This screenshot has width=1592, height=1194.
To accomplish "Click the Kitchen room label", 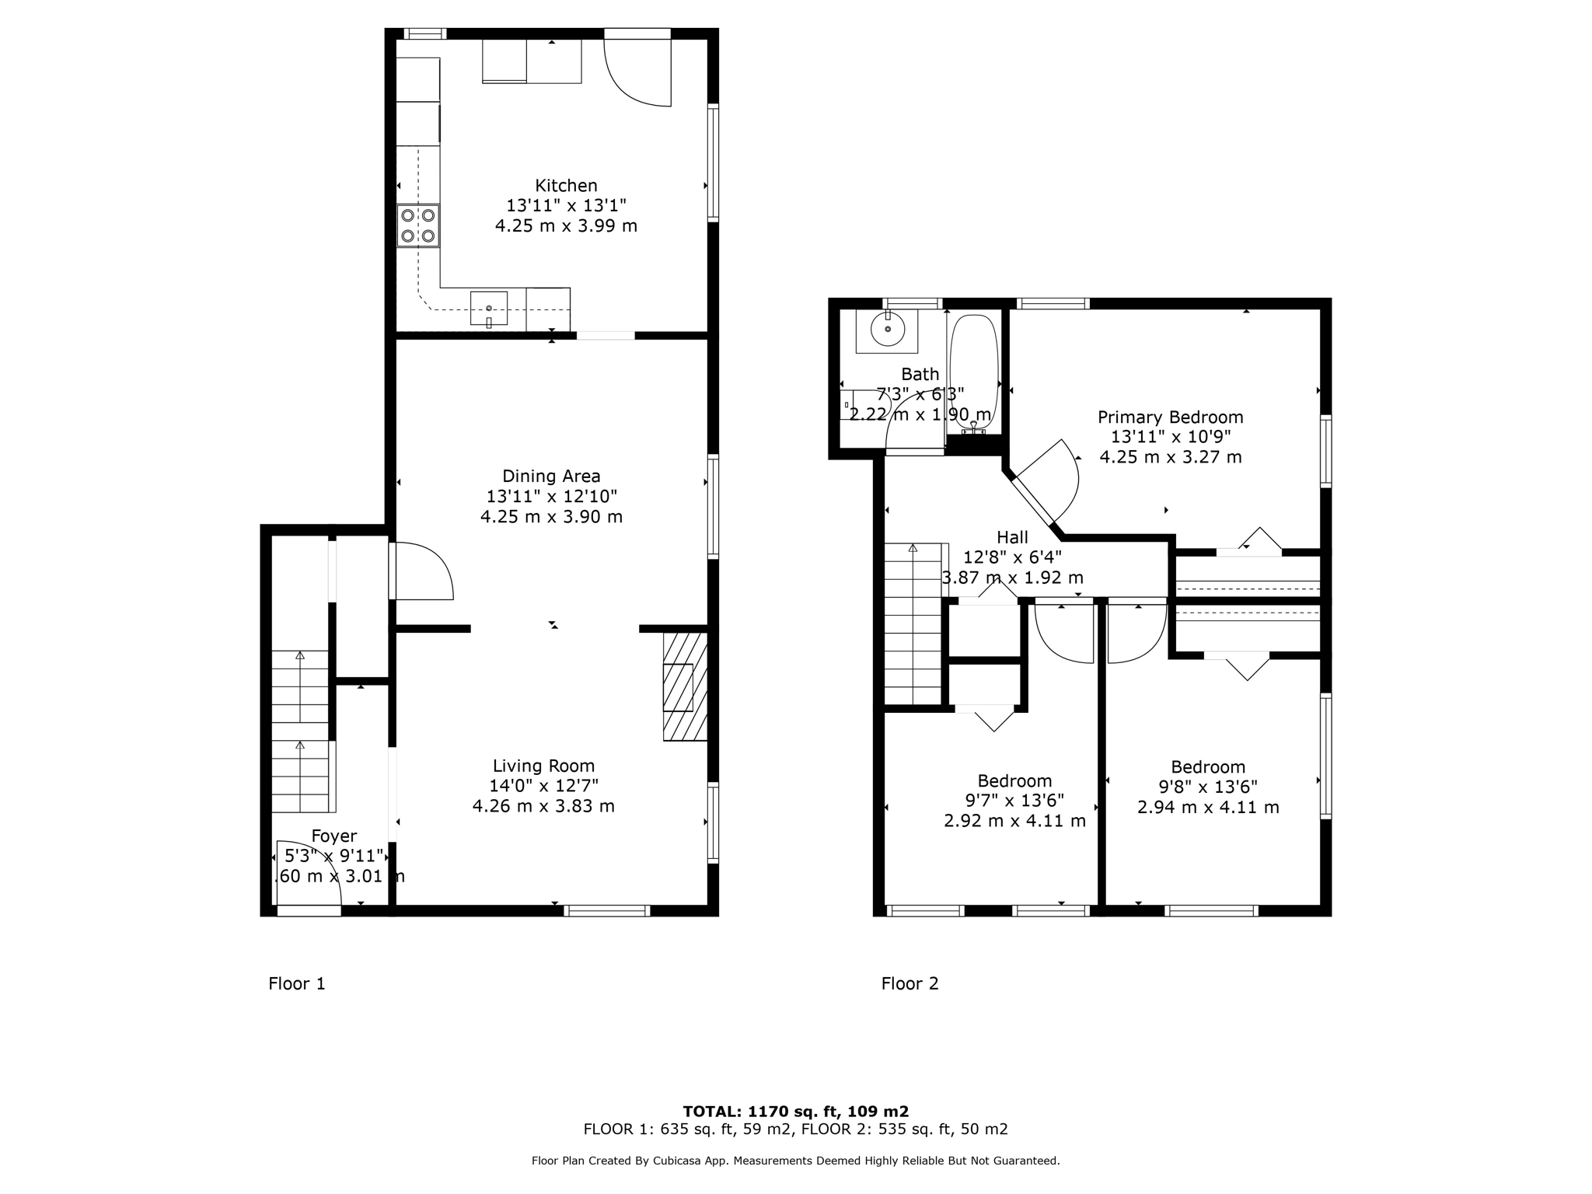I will tap(566, 186).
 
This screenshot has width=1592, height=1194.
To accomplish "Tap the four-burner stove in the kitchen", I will tap(418, 225).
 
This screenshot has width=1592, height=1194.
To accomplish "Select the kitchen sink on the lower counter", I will tap(489, 309).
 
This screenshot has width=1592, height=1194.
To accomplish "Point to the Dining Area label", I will tap(551, 476).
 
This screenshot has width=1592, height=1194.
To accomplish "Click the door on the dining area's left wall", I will tap(420, 571).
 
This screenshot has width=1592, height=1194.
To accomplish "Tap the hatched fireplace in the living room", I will tap(684, 686).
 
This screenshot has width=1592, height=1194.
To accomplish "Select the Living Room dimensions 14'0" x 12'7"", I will tap(543, 786).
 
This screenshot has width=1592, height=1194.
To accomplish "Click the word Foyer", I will tap(333, 836).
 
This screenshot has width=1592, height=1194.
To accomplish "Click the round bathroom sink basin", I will tap(888, 330).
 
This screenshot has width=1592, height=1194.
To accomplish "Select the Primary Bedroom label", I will tap(1170, 417).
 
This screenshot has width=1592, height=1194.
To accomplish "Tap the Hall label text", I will tap(1012, 537).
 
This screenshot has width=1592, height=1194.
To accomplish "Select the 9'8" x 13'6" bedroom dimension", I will tap(1208, 787).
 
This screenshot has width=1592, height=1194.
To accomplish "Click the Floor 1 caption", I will tap(296, 983).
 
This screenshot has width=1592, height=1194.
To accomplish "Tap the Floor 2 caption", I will tap(909, 983).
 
